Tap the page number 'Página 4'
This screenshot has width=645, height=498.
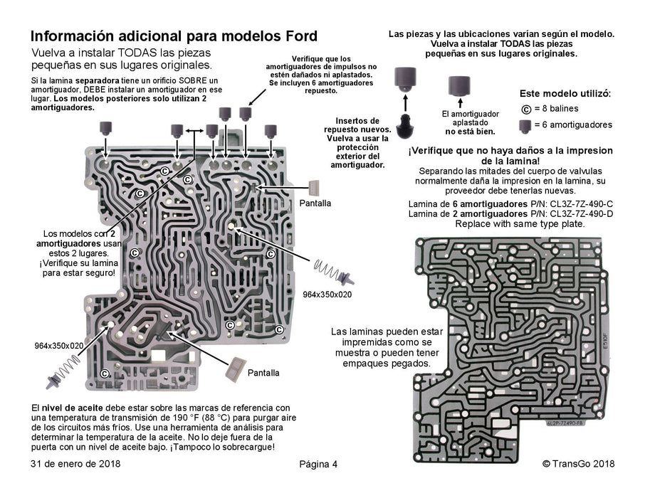318,465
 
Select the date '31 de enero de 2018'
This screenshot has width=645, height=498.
75,464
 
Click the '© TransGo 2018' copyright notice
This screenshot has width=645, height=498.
578,464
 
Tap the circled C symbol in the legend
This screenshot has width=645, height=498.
527,109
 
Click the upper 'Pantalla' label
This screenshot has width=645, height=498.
315,203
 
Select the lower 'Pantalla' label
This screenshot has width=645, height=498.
263,373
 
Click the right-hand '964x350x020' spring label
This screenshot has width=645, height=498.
327,294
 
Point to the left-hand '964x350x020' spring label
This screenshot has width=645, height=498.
59,345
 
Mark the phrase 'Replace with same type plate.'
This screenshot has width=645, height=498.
520,223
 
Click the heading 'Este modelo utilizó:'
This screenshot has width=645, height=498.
565,94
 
